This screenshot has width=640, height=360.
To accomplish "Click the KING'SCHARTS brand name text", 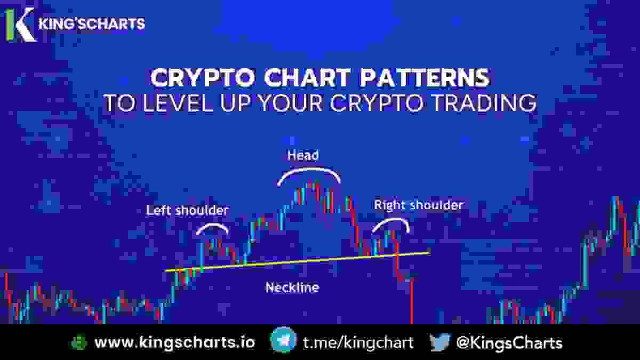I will [92, 24].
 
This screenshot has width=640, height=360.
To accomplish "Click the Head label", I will [302, 156].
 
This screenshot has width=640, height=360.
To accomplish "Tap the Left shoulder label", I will [187, 210].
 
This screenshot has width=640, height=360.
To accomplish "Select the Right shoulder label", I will [418, 205].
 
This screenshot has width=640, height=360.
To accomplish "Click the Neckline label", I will [292, 288].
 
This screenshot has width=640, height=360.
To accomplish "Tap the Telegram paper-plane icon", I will [283, 342].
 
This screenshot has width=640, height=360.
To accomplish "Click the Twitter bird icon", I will [440, 342].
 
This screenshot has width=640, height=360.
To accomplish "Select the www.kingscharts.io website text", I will [174, 342].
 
